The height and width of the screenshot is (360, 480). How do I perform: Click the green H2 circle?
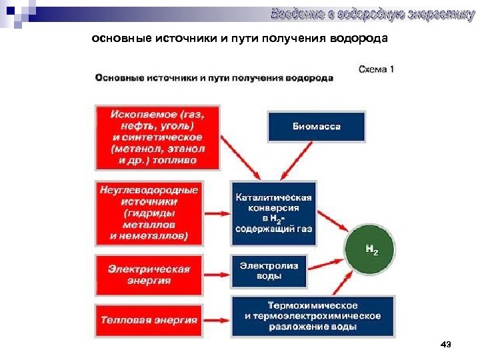point(371,251)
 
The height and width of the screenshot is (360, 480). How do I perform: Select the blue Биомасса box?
point(317,127)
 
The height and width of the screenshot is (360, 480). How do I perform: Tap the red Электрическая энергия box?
point(149,274)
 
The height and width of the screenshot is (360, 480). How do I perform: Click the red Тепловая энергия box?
point(149,320)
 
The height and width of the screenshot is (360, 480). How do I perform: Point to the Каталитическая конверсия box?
point(273,213)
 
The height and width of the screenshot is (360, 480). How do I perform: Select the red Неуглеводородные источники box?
point(149,213)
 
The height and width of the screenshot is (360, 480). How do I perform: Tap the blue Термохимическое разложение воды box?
point(313,315)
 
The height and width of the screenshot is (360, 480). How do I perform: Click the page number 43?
point(446,345)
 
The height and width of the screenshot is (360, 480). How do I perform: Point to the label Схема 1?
point(377,69)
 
